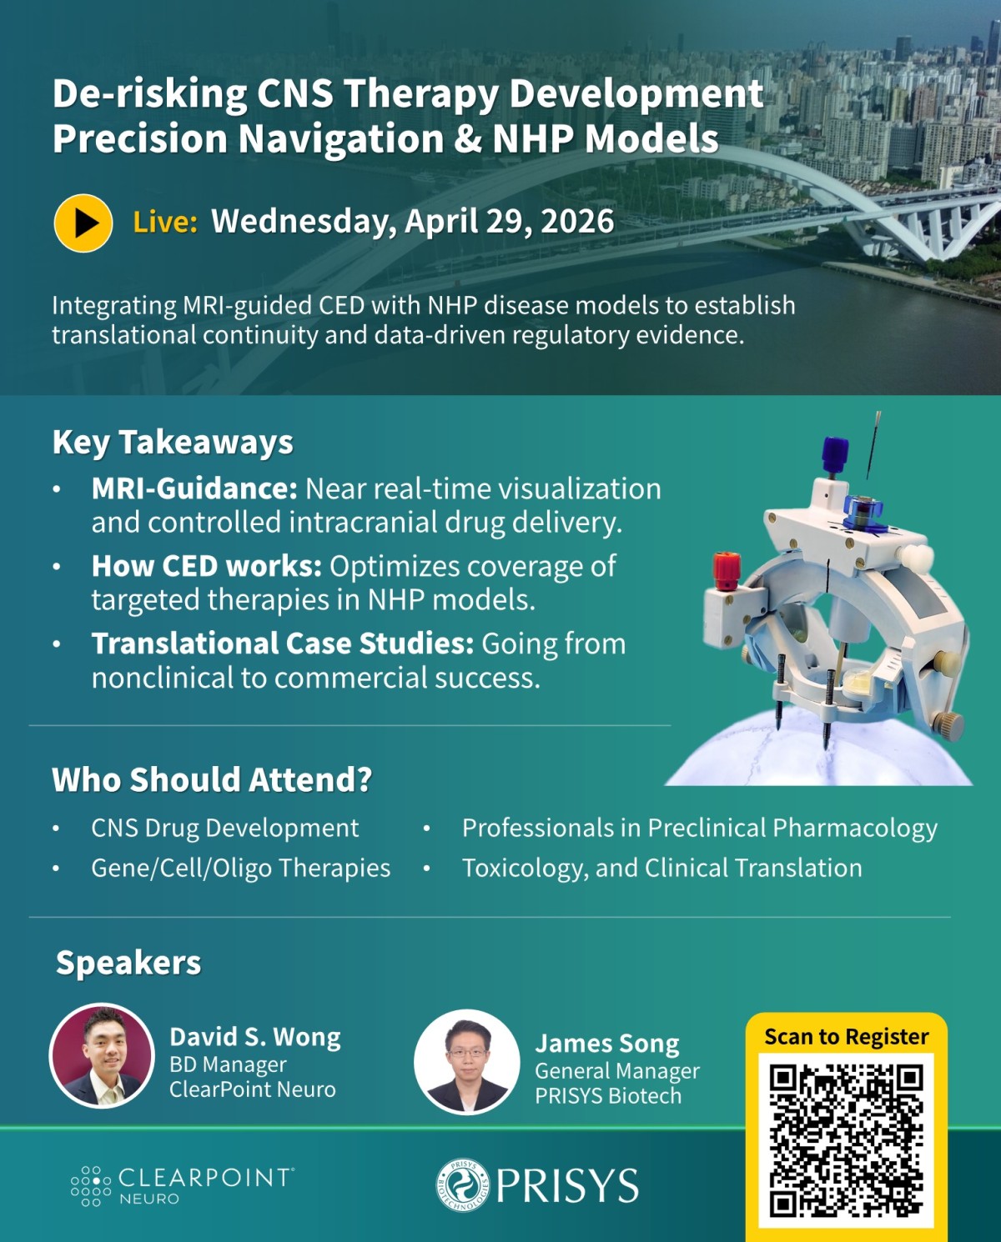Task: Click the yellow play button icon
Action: pyautogui.click(x=83, y=223)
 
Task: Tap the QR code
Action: pyautogui.click(x=846, y=1139)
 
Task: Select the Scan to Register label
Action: pyautogui.click(x=846, y=1037)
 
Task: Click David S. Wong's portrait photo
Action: pyautogui.click(x=102, y=1055)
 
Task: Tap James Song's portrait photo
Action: pyautogui.click(x=466, y=1062)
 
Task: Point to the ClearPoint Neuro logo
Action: pyautogui.click(x=183, y=1185)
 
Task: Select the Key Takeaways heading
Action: pyautogui.click(x=173, y=443)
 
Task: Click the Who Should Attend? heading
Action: pyautogui.click(x=212, y=780)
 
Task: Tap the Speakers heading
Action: pyautogui.click(x=128, y=963)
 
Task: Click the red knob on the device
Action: pyautogui.click(x=726, y=569)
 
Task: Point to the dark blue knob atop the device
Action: pyautogui.click(x=835, y=454)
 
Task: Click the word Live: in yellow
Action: pyautogui.click(x=165, y=223)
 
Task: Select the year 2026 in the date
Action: pyautogui.click(x=577, y=222)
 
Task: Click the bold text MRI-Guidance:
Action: pyautogui.click(x=194, y=489)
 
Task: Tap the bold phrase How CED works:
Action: pyautogui.click(x=206, y=567)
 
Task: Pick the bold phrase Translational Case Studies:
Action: pyautogui.click(x=283, y=644)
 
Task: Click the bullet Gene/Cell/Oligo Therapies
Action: pyautogui.click(x=240, y=869)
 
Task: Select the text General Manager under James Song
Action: pyautogui.click(x=616, y=1071)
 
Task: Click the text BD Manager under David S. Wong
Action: pyautogui.click(x=228, y=1065)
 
